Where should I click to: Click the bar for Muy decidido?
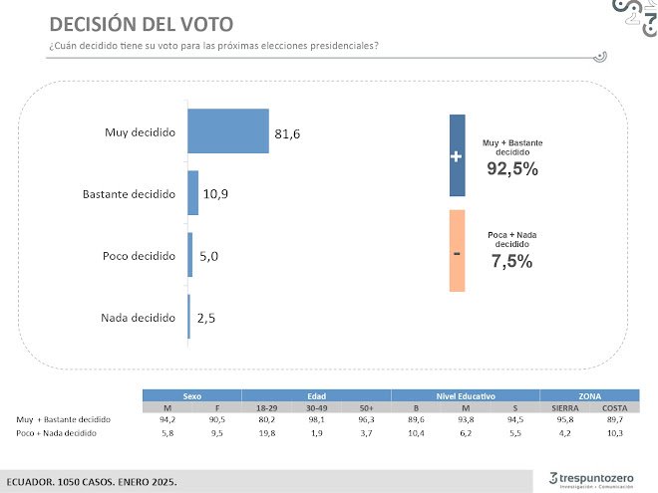click(228, 131)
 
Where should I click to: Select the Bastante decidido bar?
click(193, 193)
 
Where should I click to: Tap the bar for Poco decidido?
click(190, 255)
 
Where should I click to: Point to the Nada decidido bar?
click(188, 317)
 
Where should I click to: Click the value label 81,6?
click(287, 132)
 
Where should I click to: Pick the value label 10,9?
click(215, 194)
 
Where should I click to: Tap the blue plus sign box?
click(457, 155)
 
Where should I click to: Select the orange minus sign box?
click(457, 251)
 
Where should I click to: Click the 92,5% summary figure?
click(512, 168)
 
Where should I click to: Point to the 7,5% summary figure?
click(511, 262)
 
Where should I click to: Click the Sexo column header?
click(191, 395)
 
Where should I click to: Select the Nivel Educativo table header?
click(465, 395)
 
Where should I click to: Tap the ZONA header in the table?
click(588, 395)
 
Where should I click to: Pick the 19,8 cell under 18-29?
click(266, 434)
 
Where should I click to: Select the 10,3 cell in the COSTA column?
click(614, 434)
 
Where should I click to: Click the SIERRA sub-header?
click(564, 408)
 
